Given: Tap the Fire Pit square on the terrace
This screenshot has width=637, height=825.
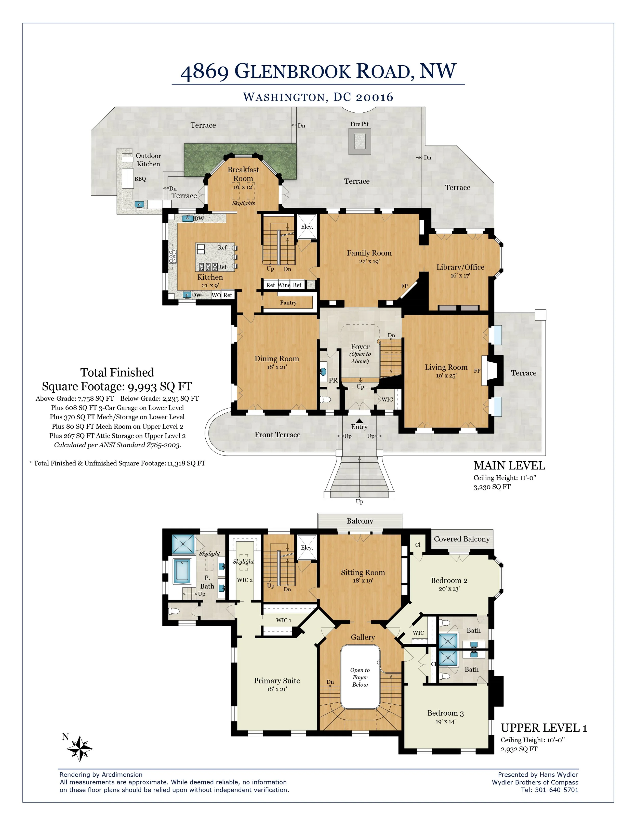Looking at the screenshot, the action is [359, 141].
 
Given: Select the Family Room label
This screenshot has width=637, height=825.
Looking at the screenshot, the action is [369, 253].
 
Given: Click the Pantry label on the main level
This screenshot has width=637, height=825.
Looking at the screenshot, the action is [288, 302].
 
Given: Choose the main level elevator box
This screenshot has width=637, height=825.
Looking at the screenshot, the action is [307, 227].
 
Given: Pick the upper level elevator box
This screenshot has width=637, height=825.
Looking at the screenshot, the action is [307, 547].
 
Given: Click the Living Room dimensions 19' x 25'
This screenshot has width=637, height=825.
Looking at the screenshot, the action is [446, 376].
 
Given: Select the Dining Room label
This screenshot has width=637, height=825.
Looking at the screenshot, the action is [277, 359].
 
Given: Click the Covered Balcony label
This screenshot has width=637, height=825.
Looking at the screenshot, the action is [461, 539].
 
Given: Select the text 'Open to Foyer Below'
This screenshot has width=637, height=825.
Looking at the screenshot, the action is [360, 677].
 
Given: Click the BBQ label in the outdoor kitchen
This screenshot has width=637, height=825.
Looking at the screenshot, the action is [140, 179].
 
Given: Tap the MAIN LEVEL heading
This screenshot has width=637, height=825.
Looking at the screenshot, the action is [509, 466].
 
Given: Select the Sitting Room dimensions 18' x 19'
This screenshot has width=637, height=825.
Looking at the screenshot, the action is [363, 581].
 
